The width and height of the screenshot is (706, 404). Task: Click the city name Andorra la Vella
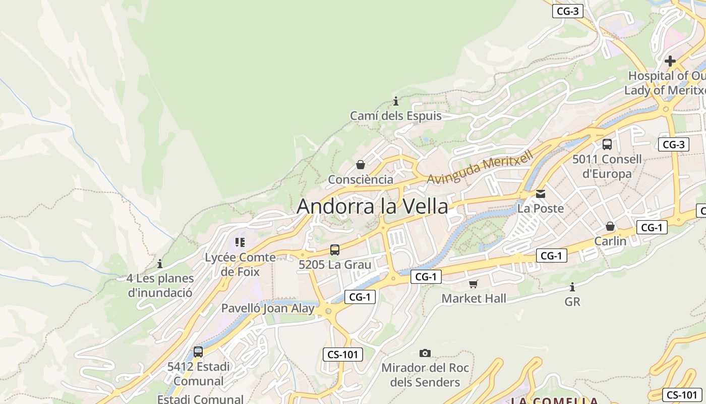[372, 207]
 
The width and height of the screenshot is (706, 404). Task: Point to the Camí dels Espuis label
[396, 116]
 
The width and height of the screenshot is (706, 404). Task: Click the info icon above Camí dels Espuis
[396, 101]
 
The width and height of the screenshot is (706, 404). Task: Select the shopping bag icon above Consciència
[361, 165]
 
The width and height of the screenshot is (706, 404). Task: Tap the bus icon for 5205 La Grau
[335, 249]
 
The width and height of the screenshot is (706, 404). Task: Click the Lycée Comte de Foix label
[240, 264]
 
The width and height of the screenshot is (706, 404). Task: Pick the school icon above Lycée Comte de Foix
[240, 242]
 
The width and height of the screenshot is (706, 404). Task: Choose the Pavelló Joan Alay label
[268, 308]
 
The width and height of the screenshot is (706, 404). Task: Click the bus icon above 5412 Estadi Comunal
[198, 352]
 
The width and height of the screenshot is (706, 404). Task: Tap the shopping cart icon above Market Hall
[473, 284]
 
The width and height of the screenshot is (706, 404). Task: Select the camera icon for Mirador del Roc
[425, 353]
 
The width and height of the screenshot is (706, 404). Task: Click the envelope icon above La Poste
[541, 193]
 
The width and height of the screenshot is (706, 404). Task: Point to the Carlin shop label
[610, 241]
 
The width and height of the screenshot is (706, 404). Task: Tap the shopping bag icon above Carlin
[610, 226]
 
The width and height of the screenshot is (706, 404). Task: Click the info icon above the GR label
[572, 287]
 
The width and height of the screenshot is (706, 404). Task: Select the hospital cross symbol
[670, 61]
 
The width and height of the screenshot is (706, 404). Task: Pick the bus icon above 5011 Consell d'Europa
[607, 144]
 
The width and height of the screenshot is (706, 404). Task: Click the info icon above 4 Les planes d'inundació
[160, 264]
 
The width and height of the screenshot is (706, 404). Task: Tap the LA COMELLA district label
[555, 400]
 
